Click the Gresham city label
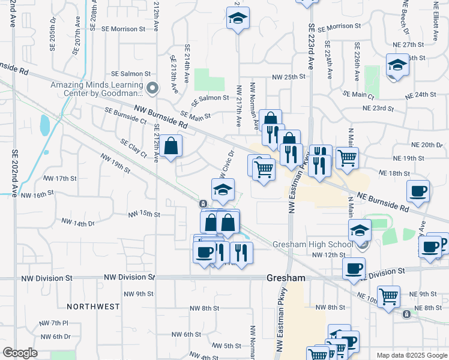coord(286,278)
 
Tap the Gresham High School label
coord(313,244)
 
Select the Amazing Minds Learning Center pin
coord(152,89)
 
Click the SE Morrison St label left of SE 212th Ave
coord(123,28)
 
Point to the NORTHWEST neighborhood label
coord(93,307)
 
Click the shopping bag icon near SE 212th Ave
coord(170,146)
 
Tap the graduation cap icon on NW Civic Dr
coord(223,190)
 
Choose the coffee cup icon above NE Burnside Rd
coord(418,191)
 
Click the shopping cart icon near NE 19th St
coord(347,158)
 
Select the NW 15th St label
coord(144,214)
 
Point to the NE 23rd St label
coord(378,109)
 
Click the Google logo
coord(20,353)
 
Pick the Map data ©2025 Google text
coord(411,355)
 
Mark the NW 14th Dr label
coord(78,223)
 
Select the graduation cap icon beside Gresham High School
coord(359,230)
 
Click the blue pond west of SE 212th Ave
coord(44,125)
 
